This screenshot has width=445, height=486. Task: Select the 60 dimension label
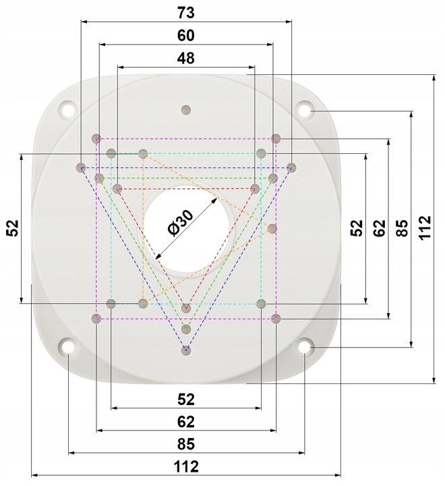point(186,34)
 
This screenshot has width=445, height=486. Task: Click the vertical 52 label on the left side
point(12,228)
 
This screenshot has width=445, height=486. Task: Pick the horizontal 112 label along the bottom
point(186,466)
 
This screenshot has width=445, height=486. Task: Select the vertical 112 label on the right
point(424,228)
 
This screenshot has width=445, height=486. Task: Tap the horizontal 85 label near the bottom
point(186,444)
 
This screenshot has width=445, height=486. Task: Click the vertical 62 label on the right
point(380,228)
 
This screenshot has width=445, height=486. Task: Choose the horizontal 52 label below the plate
point(186,398)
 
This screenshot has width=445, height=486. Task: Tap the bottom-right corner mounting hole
point(305,347)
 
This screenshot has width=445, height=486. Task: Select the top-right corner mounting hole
point(305,109)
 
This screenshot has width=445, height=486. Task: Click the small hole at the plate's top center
point(186,109)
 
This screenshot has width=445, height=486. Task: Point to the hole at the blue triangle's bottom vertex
point(186,350)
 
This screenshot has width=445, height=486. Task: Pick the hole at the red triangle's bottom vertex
point(186,308)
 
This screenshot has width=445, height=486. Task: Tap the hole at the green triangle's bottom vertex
point(186,329)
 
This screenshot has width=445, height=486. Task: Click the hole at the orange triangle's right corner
point(272,229)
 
